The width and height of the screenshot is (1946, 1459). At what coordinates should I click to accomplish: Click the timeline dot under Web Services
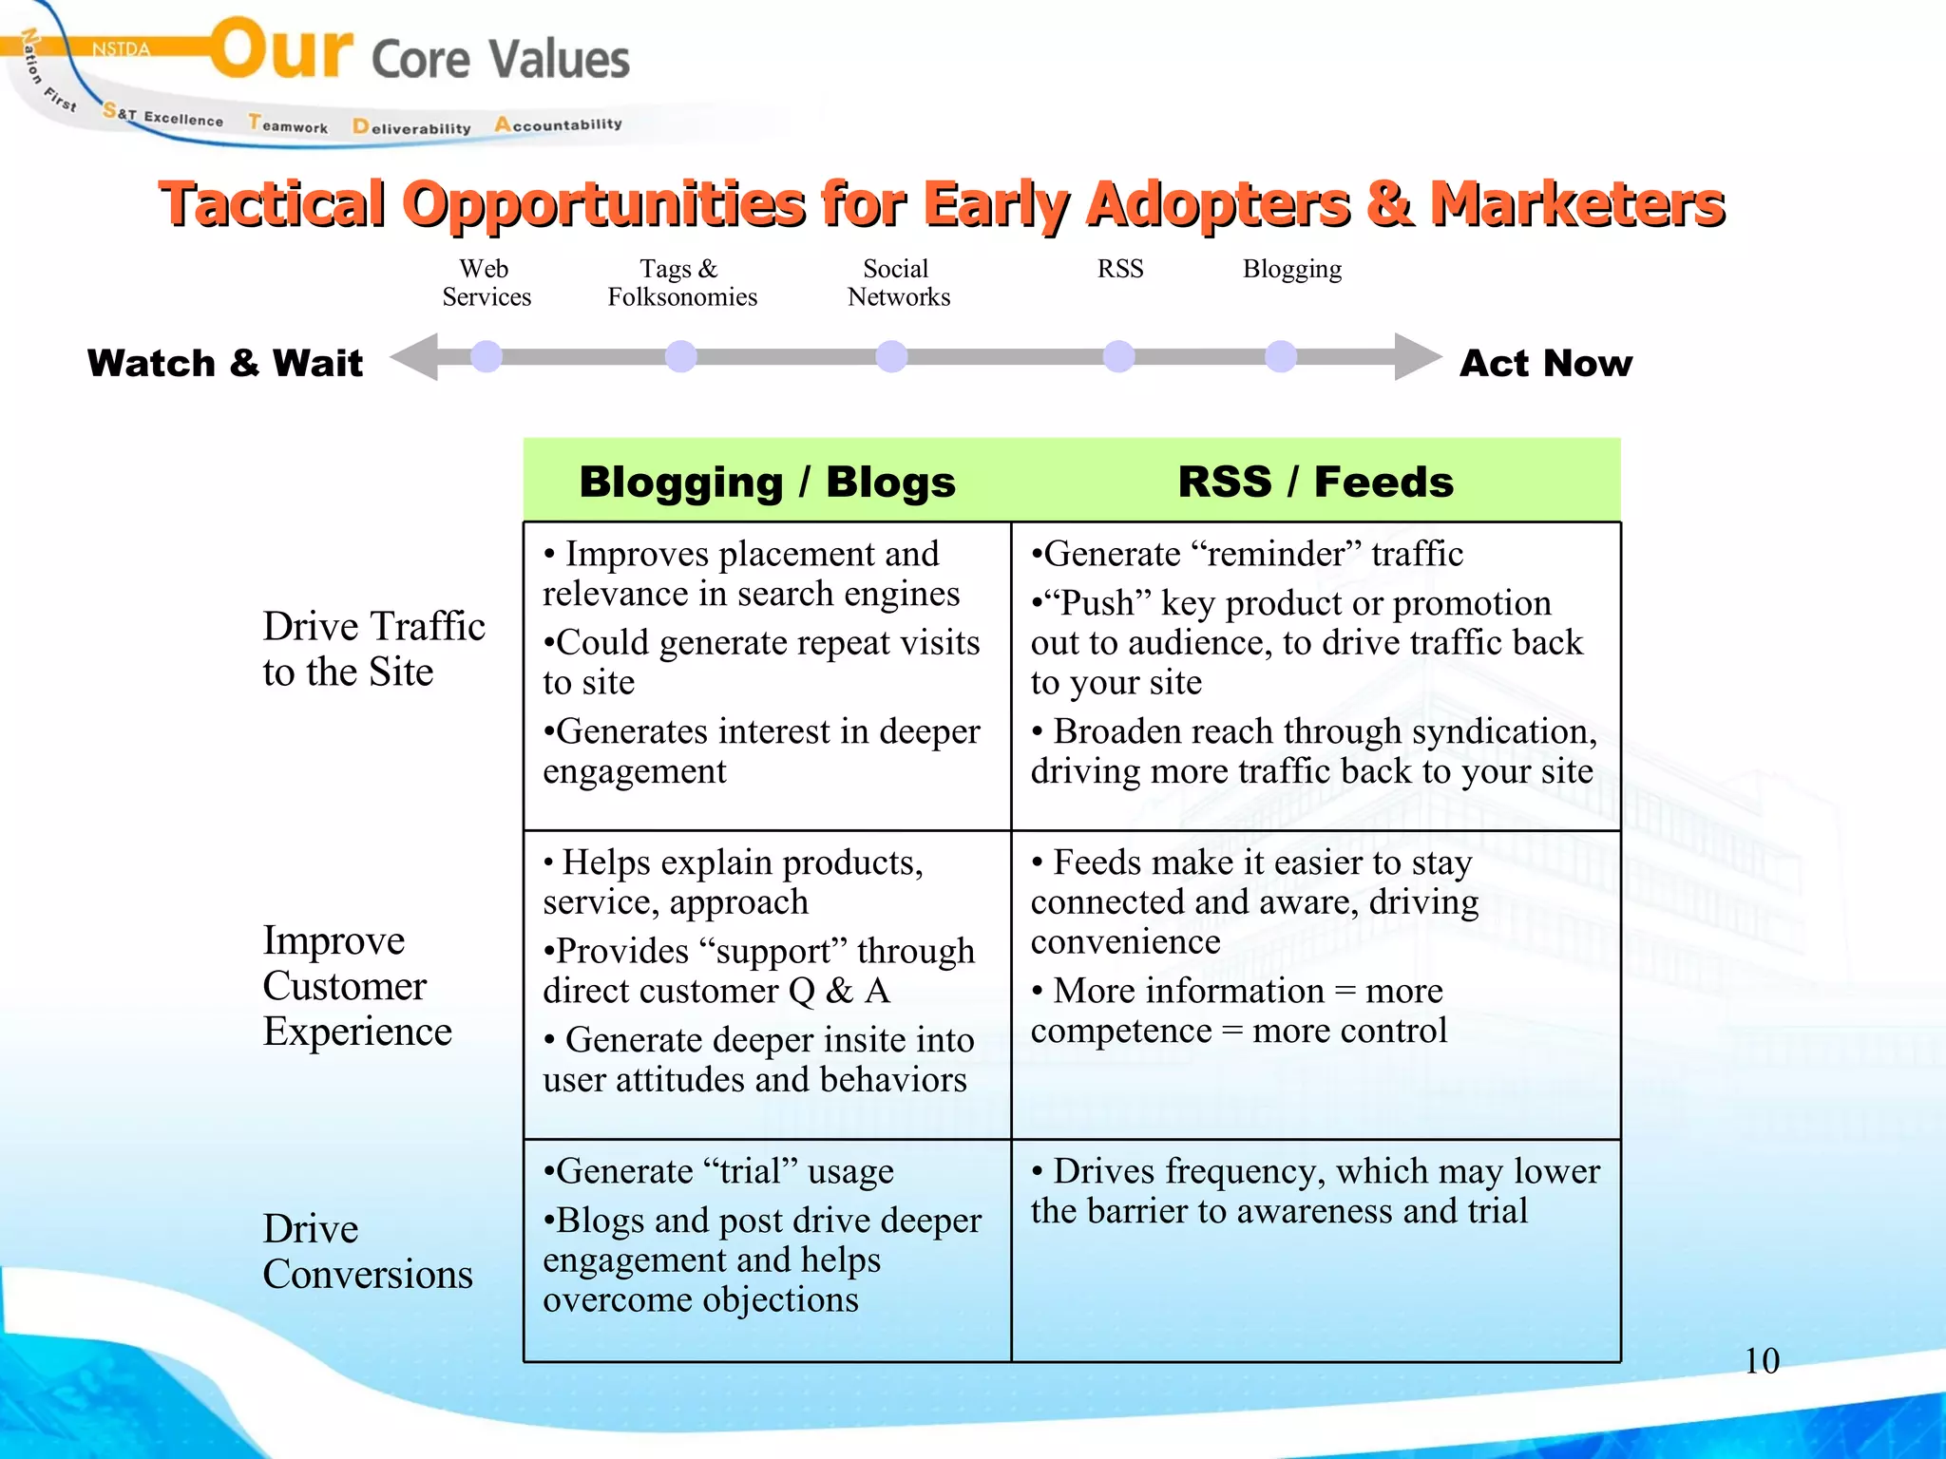(x=486, y=356)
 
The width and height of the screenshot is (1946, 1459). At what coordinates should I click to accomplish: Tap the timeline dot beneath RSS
(x=1118, y=356)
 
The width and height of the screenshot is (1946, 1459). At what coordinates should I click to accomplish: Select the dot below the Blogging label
(x=1281, y=356)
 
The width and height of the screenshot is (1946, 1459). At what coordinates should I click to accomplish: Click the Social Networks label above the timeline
(x=898, y=283)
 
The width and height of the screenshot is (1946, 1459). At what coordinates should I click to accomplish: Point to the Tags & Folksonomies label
(x=682, y=283)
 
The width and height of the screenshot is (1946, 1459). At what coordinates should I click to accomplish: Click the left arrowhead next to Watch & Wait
(x=415, y=356)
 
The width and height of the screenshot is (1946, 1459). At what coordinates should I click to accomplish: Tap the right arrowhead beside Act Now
(x=1417, y=356)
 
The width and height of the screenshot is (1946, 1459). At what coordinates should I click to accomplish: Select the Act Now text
(x=1545, y=363)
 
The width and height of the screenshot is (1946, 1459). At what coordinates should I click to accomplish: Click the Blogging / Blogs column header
(x=767, y=482)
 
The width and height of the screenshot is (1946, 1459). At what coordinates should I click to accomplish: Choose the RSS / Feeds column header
(x=1315, y=482)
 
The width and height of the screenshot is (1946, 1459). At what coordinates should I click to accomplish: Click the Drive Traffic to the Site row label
(x=373, y=649)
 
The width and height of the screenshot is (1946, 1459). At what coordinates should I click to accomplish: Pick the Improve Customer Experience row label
(x=356, y=985)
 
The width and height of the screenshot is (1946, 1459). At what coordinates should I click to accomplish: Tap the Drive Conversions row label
(x=367, y=1251)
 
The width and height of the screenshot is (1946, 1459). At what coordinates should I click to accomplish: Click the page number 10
(x=1761, y=1360)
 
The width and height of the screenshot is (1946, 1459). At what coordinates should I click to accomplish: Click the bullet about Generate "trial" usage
(x=718, y=1171)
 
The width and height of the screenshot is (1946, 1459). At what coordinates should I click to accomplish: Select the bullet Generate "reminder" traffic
(x=1247, y=554)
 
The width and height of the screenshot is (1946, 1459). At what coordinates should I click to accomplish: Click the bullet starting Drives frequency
(x=1315, y=1191)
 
